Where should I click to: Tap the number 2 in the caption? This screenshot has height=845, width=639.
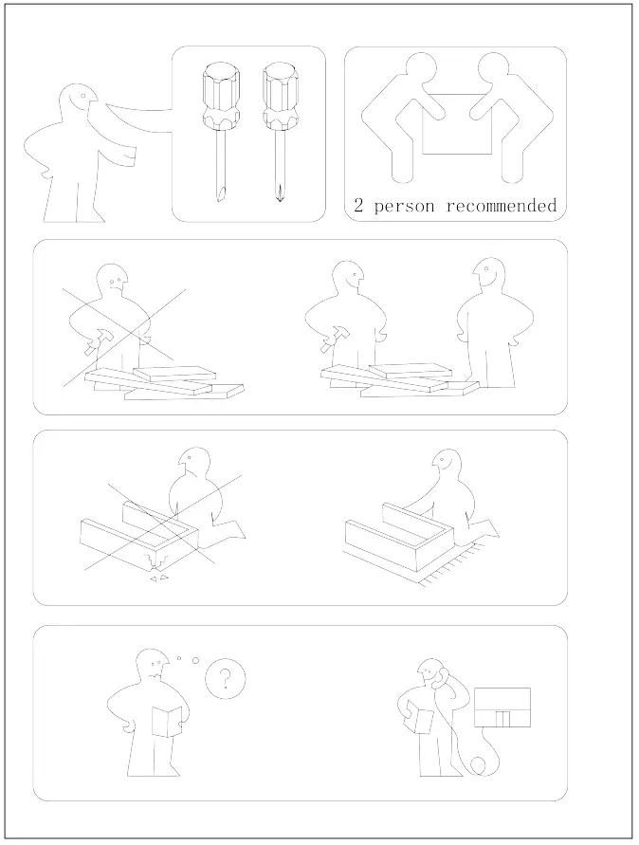coord(359,206)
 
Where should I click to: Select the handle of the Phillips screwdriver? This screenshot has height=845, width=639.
coord(278,96)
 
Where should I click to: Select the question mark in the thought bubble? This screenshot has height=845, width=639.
coord(225,678)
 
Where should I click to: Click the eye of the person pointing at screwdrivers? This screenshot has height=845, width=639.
coord(84,96)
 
